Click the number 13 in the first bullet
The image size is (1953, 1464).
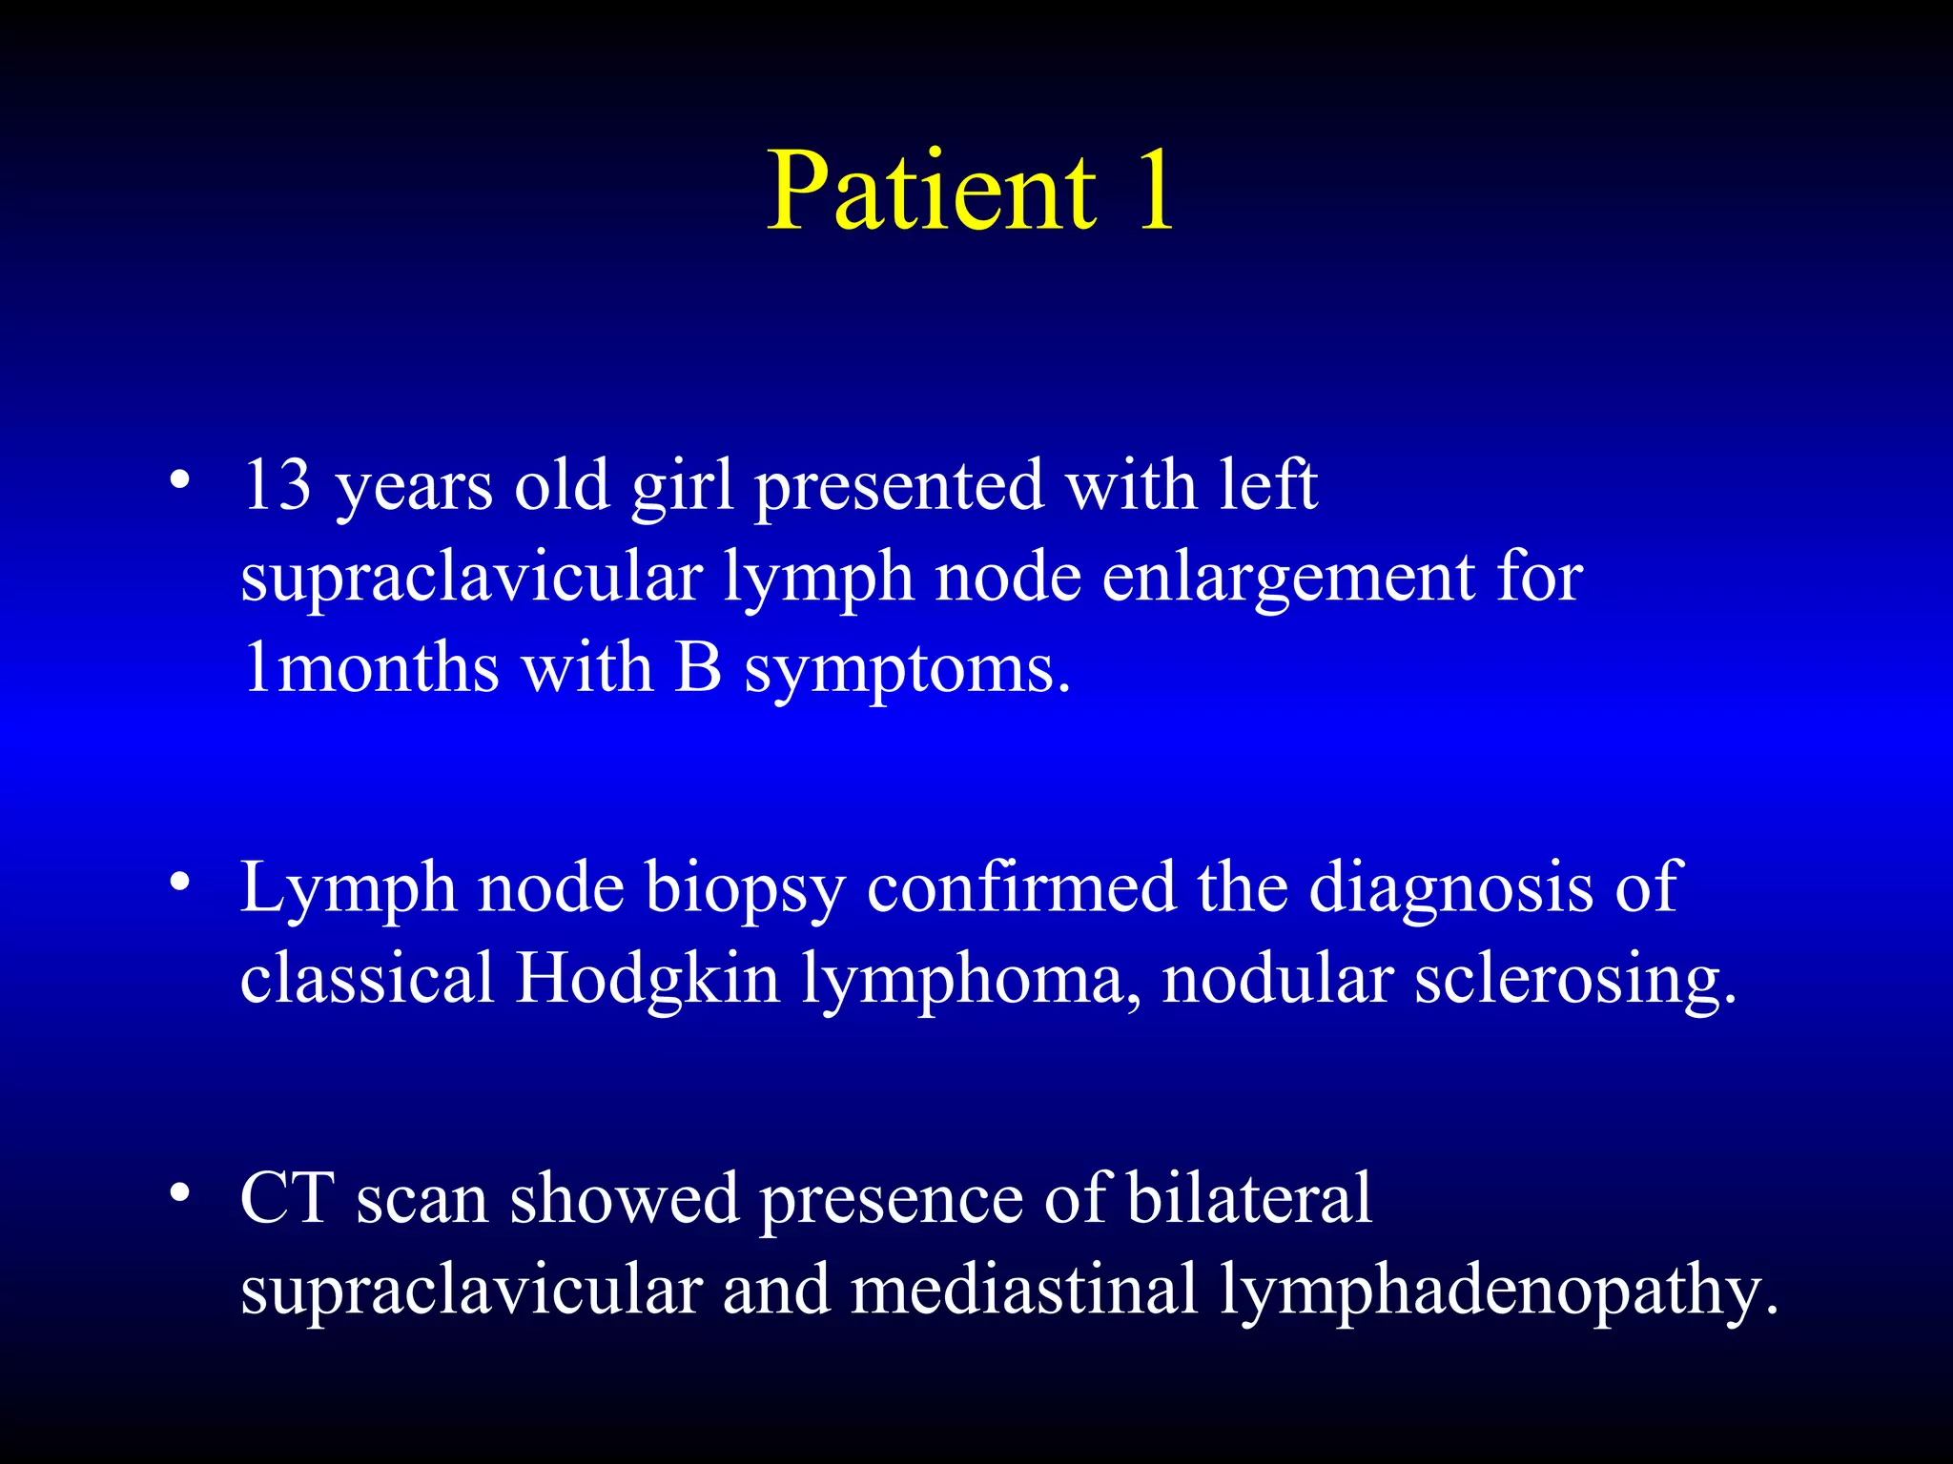[x=277, y=484]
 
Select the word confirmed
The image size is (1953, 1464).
[x=1020, y=886]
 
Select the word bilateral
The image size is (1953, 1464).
[x=1248, y=1198]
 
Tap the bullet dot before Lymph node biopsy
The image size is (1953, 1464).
[x=178, y=883]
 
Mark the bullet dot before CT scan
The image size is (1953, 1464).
[x=178, y=1192]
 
